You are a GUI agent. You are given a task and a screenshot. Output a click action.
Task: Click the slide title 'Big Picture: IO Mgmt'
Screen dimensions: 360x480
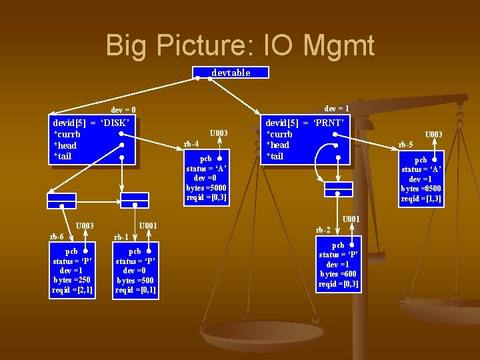240,46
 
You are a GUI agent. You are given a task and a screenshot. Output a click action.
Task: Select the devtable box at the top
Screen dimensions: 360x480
231,73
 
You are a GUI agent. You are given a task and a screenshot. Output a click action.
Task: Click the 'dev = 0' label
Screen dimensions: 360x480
123,109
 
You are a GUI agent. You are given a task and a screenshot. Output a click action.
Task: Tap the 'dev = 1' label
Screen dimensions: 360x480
337,107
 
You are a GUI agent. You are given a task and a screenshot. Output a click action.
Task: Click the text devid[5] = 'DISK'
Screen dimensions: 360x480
91,123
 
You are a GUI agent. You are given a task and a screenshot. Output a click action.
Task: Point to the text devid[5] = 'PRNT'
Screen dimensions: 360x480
305,123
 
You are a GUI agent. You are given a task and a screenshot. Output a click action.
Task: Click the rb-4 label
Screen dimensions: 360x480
191,143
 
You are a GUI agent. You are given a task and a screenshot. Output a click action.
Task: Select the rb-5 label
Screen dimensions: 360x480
405,145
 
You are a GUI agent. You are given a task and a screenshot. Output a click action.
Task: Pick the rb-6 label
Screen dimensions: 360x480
57,236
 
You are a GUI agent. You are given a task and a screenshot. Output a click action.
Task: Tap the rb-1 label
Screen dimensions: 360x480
121,237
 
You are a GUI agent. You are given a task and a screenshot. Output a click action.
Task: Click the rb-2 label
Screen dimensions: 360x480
323,230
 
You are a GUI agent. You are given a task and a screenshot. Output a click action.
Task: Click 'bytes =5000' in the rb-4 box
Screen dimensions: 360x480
206,188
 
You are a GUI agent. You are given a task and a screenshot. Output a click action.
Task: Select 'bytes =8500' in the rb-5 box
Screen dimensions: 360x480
421,189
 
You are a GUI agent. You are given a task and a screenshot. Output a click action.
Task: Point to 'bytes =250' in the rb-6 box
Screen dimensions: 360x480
73,280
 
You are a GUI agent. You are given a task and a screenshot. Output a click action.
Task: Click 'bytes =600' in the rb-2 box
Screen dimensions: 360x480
339,274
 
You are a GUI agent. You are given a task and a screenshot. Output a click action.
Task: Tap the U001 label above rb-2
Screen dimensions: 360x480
351,219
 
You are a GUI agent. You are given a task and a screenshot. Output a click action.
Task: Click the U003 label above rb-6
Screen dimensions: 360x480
84,226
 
